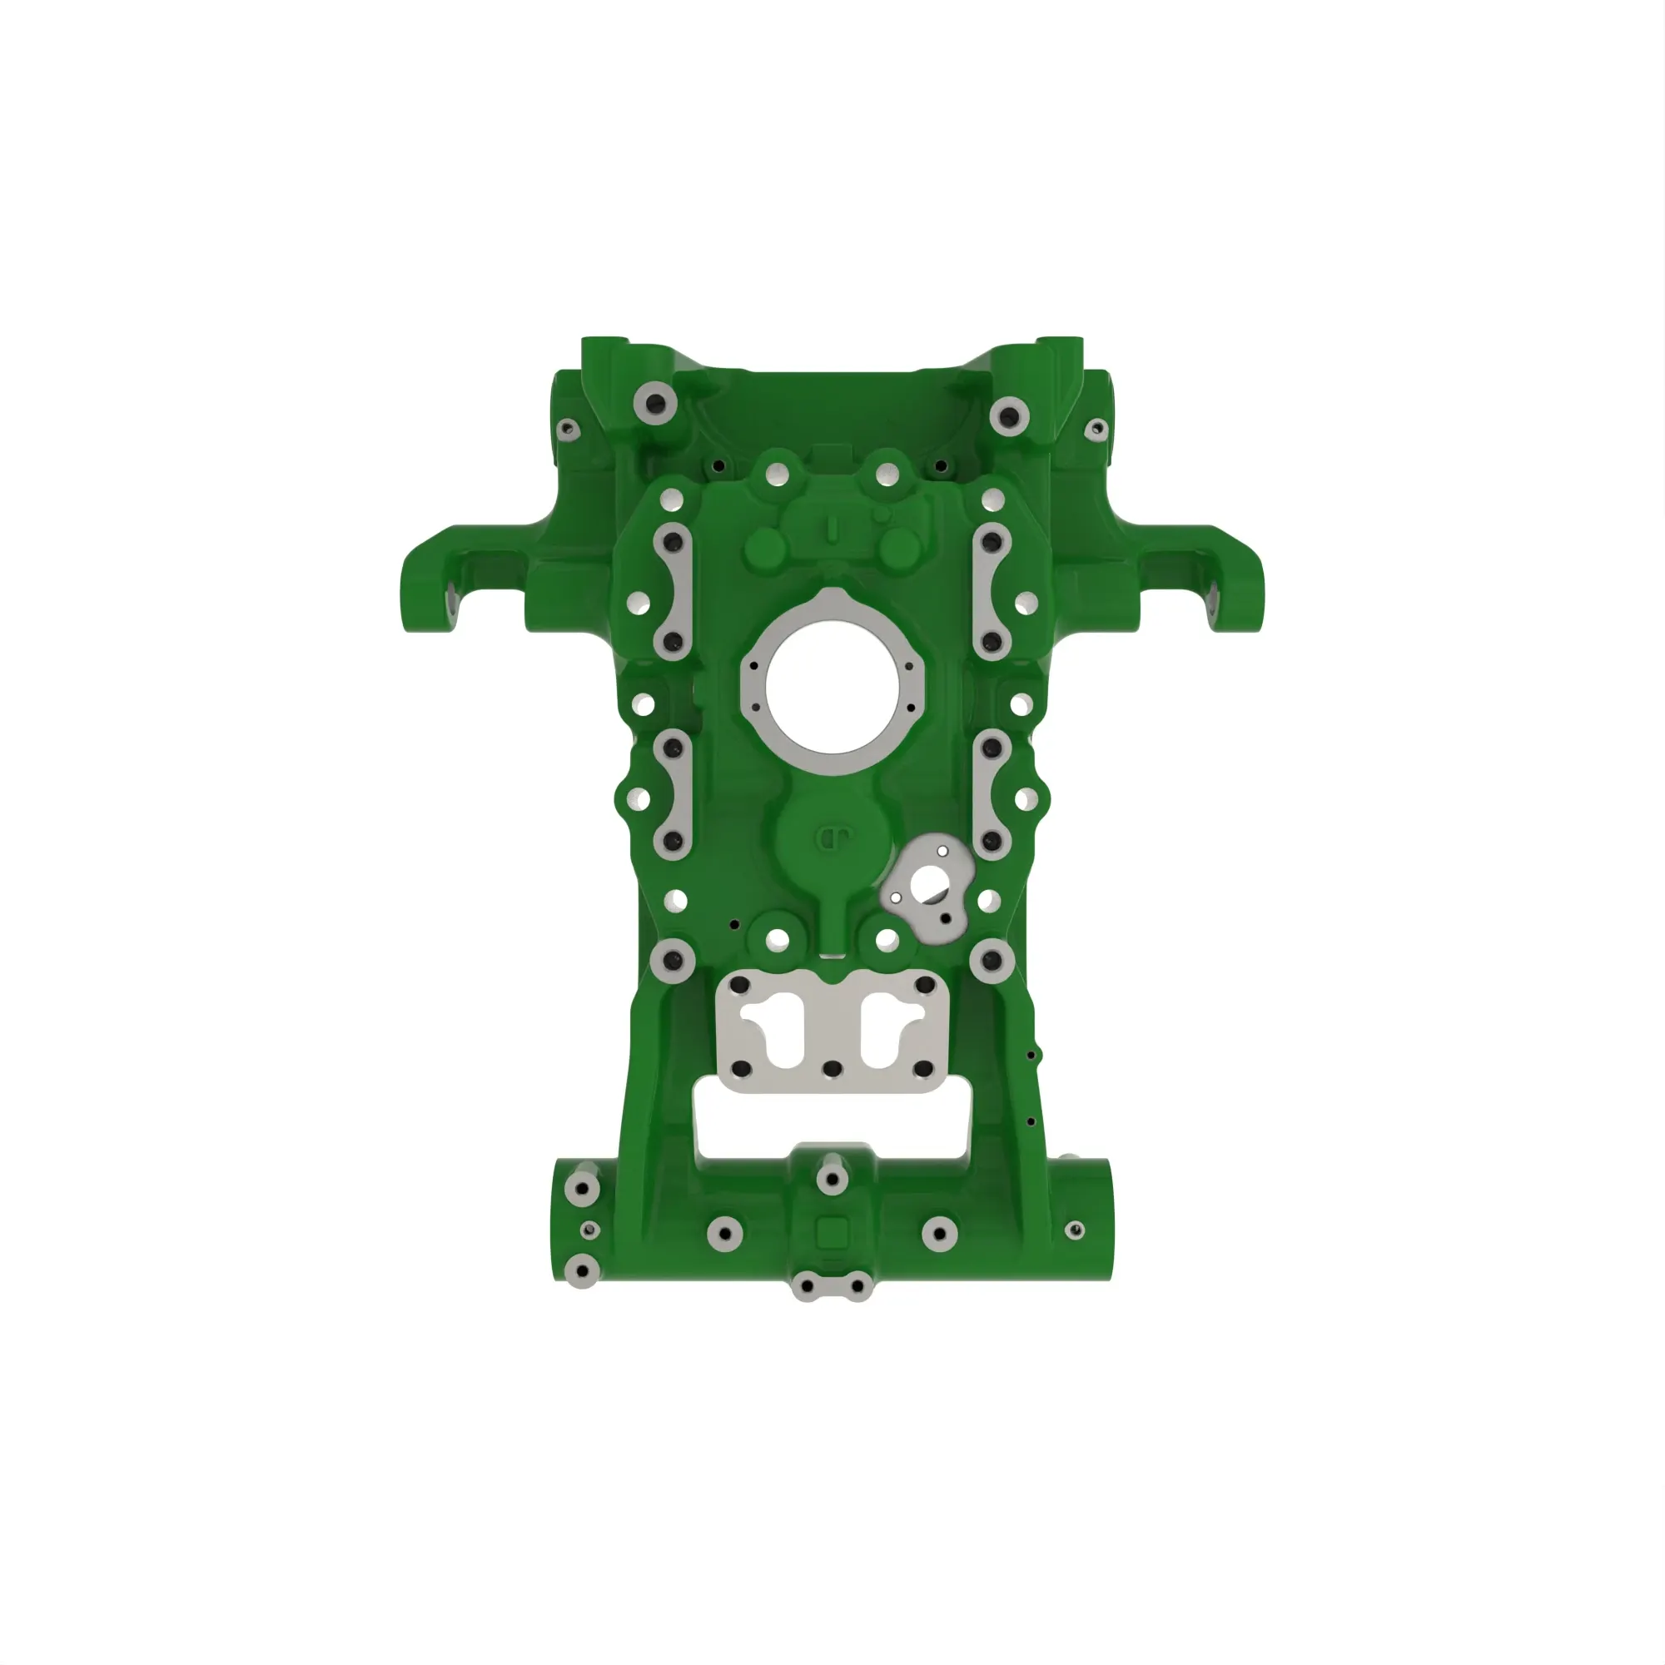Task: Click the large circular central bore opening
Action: (x=832, y=689)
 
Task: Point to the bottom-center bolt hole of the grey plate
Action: (x=832, y=1070)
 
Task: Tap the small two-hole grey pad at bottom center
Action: (x=832, y=1287)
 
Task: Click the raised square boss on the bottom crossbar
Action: (x=832, y=1232)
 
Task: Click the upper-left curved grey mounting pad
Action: (x=673, y=591)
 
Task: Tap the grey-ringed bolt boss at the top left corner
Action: (x=654, y=403)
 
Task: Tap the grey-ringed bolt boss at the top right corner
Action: (x=1009, y=416)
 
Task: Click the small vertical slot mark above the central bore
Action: (x=832, y=529)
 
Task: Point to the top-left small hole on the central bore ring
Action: (x=755, y=666)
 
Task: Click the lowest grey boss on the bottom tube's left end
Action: (x=583, y=1270)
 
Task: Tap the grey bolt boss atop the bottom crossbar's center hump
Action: (x=832, y=1177)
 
